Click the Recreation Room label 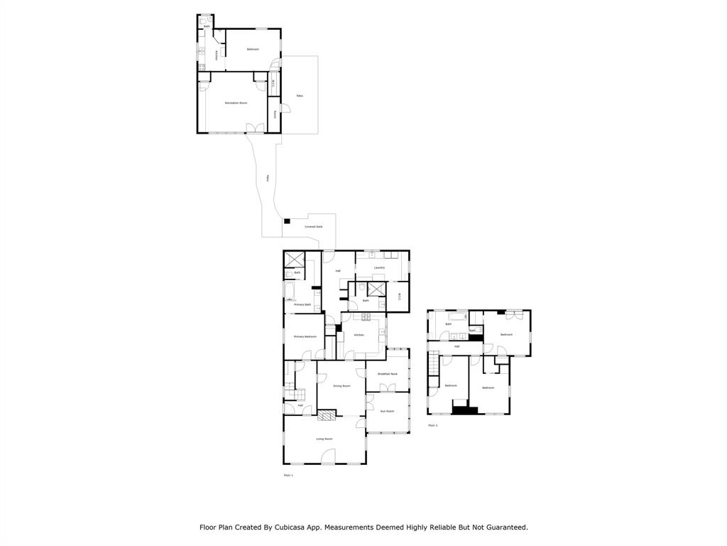(236, 103)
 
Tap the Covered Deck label (314, 227)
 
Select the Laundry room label (380, 267)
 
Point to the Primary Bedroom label (305, 336)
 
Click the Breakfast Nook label (388, 374)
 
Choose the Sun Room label (387, 411)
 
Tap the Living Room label (324, 439)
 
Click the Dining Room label (342, 386)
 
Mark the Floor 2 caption (432, 425)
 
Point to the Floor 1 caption (288, 475)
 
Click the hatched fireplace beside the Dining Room (326, 414)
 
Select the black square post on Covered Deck (288, 222)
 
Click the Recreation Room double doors (255, 128)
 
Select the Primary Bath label (302, 304)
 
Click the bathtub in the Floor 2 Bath (457, 316)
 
